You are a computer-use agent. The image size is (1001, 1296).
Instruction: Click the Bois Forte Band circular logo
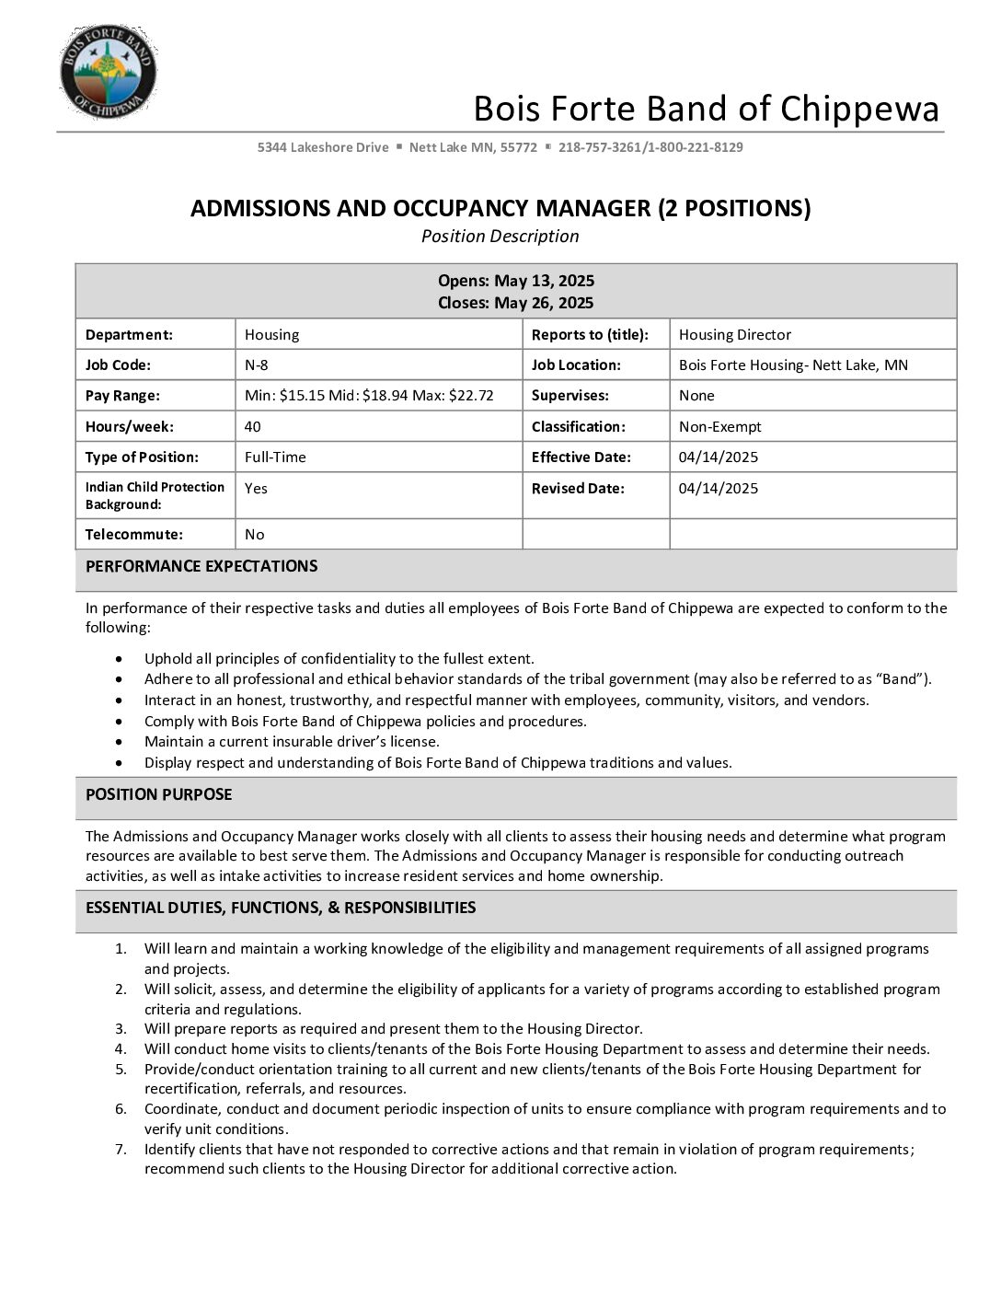click(108, 73)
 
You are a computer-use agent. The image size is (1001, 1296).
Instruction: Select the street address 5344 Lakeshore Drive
click(323, 147)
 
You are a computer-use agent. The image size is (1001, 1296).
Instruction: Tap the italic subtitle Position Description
click(500, 237)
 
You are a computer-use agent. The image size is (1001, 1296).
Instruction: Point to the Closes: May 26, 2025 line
click(515, 303)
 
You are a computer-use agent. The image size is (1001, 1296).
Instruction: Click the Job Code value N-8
click(257, 365)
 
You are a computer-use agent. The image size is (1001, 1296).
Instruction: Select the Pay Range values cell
click(369, 396)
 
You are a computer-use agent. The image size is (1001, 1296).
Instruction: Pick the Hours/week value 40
click(253, 427)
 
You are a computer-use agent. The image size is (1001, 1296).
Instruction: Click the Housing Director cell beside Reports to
click(734, 335)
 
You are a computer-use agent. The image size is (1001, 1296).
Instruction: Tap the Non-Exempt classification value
click(719, 427)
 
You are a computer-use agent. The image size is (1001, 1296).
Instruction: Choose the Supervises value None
click(696, 396)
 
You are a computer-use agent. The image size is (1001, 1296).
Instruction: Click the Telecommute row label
click(134, 535)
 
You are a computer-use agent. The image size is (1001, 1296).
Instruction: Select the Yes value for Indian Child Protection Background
click(256, 489)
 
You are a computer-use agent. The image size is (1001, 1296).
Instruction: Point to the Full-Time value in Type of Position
click(275, 457)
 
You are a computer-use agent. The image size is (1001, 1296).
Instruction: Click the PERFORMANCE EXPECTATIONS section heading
click(201, 567)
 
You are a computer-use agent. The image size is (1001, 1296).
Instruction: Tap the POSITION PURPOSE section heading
click(158, 795)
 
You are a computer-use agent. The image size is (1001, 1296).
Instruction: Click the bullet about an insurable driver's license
click(292, 742)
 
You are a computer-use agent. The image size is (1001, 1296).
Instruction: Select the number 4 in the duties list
click(121, 1049)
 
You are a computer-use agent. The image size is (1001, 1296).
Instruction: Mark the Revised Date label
click(578, 489)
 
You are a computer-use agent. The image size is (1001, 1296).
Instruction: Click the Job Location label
click(576, 365)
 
